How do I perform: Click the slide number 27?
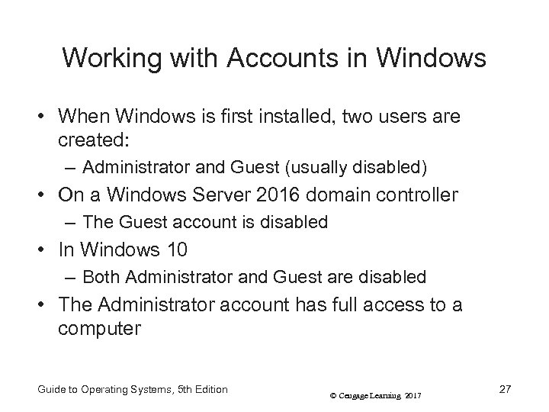point(504,389)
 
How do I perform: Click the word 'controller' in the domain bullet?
point(418,195)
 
